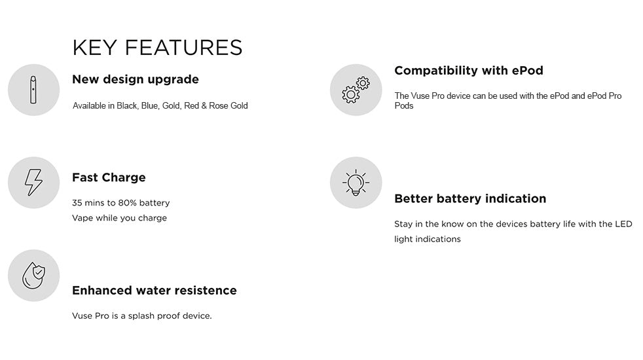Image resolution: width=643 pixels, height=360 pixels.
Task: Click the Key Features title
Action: tap(157, 48)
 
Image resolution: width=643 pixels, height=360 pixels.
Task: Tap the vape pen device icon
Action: tap(33, 90)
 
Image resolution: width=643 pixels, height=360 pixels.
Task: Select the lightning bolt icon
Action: tap(33, 183)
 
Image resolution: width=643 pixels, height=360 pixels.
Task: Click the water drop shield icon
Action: tap(33, 275)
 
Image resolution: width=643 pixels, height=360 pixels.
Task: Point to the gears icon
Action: tap(356, 90)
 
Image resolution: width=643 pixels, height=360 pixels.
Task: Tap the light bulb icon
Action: tap(356, 183)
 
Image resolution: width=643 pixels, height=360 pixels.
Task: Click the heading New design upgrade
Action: tap(136, 80)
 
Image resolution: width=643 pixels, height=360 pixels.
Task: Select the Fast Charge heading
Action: tap(109, 177)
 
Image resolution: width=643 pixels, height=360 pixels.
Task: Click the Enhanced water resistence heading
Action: tap(155, 290)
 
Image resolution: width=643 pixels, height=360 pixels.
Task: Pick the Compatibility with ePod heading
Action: tap(469, 71)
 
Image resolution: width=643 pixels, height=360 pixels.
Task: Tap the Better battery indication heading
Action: tap(470, 198)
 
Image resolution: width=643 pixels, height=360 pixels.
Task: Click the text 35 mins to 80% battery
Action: tap(120, 203)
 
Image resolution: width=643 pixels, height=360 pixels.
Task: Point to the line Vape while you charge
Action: tap(119, 218)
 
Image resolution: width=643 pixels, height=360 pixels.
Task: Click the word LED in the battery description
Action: tap(623, 224)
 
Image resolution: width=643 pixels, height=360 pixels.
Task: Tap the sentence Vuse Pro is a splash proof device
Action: tap(142, 316)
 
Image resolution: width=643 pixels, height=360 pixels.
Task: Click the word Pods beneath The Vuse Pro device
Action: tap(404, 106)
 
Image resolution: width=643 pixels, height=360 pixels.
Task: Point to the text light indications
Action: tap(428, 239)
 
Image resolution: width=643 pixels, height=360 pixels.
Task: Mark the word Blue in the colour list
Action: tap(151, 106)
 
